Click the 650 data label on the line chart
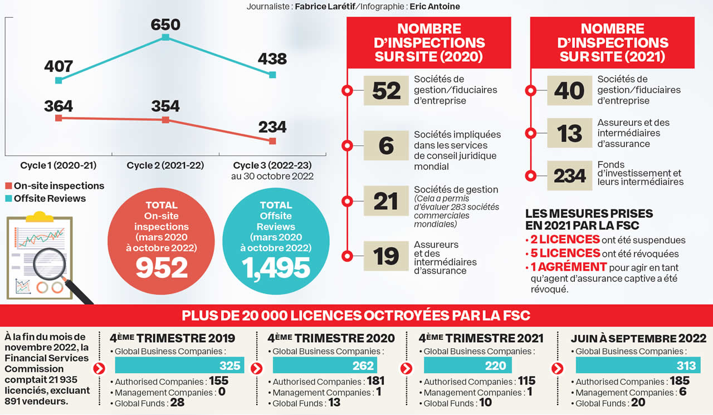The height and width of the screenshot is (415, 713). pyautogui.click(x=165, y=25)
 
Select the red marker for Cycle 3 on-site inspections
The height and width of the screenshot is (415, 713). pyautogui.click(x=272, y=141)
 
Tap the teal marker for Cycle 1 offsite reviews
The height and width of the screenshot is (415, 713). pyautogui.click(x=58, y=80)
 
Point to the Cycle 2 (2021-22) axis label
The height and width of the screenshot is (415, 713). pyautogui.click(x=165, y=165)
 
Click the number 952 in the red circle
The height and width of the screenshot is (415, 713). pyautogui.click(x=162, y=268)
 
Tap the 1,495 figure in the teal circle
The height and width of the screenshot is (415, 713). pyautogui.click(x=276, y=268)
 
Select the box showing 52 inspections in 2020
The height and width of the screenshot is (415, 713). pyautogui.click(x=386, y=91)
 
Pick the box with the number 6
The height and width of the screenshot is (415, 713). pyautogui.click(x=386, y=145)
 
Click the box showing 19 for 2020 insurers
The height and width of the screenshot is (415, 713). pyautogui.click(x=386, y=256)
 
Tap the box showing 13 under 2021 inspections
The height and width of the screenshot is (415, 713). pyautogui.click(x=569, y=134)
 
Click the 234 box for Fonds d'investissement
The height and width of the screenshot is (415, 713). pyautogui.click(x=569, y=176)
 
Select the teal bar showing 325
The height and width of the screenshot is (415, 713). pyautogui.click(x=179, y=365)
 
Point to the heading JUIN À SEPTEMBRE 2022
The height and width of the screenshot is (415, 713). pyautogui.click(x=638, y=338)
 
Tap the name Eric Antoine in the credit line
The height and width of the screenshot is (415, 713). pyautogui.click(x=434, y=7)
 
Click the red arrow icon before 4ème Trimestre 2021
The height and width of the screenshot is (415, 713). pyautogui.click(x=406, y=368)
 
